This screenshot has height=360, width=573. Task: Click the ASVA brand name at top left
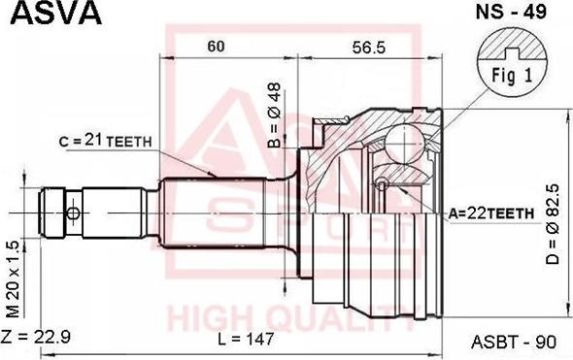(x=56, y=14)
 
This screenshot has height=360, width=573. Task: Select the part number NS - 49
(x=511, y=12)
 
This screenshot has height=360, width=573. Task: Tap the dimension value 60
(x=216, y=47)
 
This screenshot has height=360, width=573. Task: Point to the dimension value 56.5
(x=369, y=48)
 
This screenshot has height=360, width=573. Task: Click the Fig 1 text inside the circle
(x=512, y=76)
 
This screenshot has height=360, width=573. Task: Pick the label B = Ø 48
(x=274, y=115)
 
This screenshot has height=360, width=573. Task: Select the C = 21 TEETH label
(x=105, y=140)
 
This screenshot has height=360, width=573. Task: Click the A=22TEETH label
(x=491, y=213)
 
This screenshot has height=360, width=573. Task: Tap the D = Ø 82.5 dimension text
(x=553, y=224)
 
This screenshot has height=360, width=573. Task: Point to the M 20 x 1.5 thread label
(x=13, y=279)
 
